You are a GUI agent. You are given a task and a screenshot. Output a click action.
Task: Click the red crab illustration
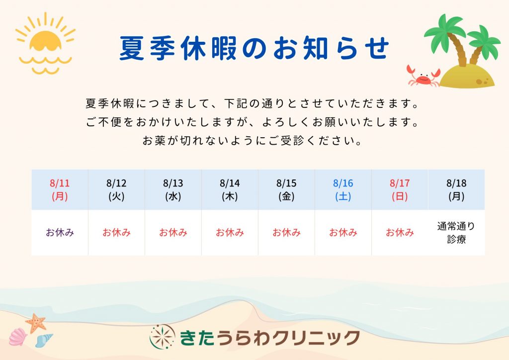pyautogui.click(x=424, y=77)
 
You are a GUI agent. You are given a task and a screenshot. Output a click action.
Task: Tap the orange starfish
pyautogui.click(x=36, y=323)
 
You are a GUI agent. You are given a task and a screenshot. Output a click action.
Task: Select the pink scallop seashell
pyautogui.click(x=18, y=337)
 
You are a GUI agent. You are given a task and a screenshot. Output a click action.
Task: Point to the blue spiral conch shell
pyautogui.click(x=44, y=341)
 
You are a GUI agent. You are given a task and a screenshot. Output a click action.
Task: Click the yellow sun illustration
pyautogui.click(x=45, y=43)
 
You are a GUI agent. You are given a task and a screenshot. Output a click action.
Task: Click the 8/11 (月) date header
pyautogui.click(x=60, y=189)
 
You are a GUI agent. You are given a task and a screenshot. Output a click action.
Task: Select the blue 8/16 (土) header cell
pyautogui.click(x=343, y=189)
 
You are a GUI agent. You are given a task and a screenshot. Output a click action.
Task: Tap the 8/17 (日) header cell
pyautogui.click(x=400, y=189)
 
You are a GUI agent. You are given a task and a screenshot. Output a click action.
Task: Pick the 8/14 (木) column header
pyautogui.click(x=230, y=189)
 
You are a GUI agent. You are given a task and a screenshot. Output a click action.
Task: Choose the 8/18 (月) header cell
pyautogui.click(x=456, y=189)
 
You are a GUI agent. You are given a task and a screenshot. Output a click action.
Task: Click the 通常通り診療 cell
pyautogui.click(x=456, y=232)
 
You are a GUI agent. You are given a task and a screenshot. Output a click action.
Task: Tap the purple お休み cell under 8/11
pyautogui.click(x=60, y=232)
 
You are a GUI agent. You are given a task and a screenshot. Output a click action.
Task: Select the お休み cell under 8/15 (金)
pyautogui.click(x=286, y=232)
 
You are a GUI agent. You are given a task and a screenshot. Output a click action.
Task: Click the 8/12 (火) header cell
pyautogui.click(x=116, y=189)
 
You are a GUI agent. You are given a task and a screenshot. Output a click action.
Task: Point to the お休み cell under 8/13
pyautogui.click(x=173, y=232)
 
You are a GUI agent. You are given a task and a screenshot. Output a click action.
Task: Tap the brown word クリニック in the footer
pyautogui.click(x=316, y=338)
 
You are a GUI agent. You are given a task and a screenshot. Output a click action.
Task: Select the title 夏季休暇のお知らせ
pyautogui.click(x=254, y=48)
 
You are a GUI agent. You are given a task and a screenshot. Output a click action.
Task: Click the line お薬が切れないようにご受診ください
pyautogui.click(x=252, y=141)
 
